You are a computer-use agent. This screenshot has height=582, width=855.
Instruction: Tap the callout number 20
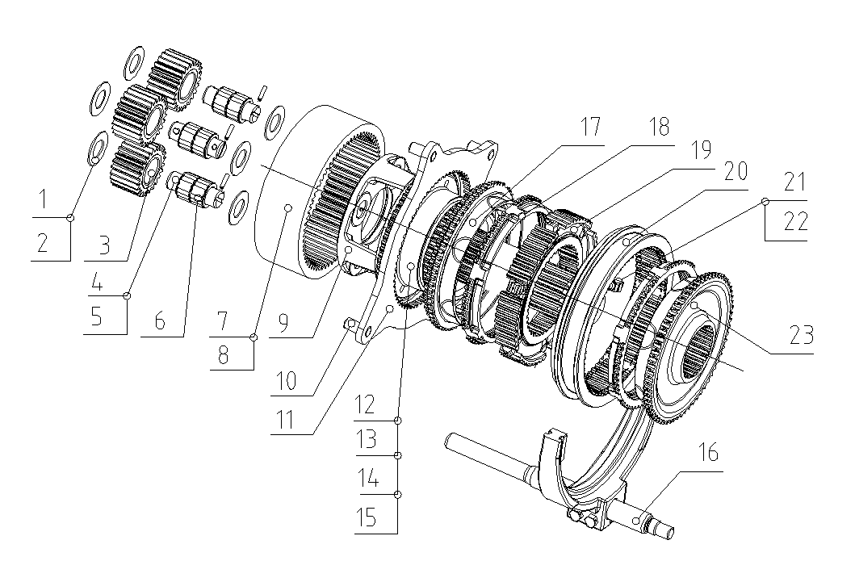point(735,171)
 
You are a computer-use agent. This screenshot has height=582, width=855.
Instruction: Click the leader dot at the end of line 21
point(765,202)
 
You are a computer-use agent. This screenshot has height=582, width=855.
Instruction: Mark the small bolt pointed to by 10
point(349,324)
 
